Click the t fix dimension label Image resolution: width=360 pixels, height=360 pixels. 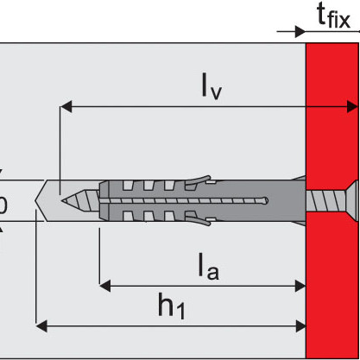click(x=334, y=16)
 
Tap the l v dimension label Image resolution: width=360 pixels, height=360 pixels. click(x=212, y=86)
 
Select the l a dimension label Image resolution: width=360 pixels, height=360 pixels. click(x=209, y=266)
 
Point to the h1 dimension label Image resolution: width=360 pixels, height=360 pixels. click(x=172, y=306)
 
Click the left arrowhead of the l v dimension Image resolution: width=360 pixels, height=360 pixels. click(x=66, y=107)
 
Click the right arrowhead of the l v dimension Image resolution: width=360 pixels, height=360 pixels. click(x=352, y=107)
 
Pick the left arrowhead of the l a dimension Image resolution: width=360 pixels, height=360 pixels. click(x=105, y=286)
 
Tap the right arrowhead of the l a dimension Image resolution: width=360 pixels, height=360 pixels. click(x=300, y=286)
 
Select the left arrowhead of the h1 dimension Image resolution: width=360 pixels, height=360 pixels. click(x=41, y=326)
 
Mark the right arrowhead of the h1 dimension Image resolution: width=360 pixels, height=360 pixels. click(x=300, y=326)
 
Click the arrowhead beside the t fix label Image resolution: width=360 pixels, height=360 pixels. click(x=300, y=32)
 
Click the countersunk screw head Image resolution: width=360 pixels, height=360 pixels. click(x=352, y=200)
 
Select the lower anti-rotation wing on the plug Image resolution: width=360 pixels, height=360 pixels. click(x=199, y=221)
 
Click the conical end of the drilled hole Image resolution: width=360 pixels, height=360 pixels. click(x=41, y=200)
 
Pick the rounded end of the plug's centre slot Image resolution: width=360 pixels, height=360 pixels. click(x=265, y=200)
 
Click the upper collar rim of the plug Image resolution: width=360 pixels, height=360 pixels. click(x=300, y=179)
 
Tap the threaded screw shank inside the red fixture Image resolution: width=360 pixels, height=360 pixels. click(x=325, y=200)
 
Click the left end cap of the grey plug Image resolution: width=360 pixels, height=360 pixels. click(x=104, y=200)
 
